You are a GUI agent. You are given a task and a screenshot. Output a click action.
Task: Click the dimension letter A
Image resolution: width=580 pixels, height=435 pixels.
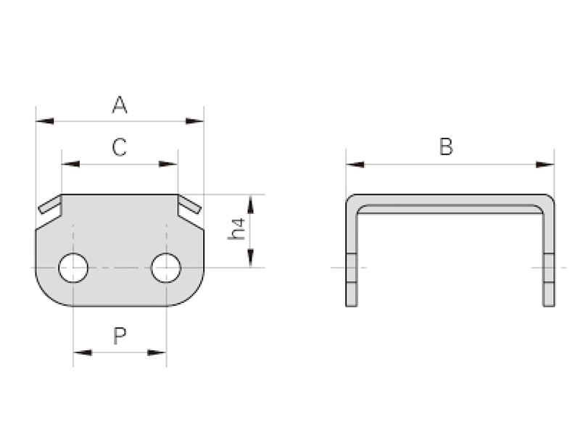coord(120,105)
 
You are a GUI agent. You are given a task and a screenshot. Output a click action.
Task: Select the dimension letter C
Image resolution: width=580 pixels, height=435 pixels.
coord(120,147)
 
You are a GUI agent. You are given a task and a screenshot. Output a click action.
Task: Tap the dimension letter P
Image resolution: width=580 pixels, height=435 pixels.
coord(120,336)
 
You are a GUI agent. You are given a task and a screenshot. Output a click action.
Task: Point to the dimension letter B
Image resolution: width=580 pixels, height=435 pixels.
coord(446,146)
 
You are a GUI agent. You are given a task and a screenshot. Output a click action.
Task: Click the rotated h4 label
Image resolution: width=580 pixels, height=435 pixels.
coord(237,229)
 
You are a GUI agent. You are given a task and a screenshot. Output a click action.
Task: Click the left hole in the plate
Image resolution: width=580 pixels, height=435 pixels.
coord(73,268)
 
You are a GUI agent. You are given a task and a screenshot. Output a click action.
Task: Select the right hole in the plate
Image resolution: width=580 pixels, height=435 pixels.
coord(166,268)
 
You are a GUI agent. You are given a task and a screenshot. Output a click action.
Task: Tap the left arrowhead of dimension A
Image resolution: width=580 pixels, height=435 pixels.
coord(45,121)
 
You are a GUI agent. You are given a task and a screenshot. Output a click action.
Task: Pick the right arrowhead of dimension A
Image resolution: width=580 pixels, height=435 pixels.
coord(194,121)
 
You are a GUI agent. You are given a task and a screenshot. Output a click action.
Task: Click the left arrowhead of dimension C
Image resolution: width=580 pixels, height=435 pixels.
coord(70,164)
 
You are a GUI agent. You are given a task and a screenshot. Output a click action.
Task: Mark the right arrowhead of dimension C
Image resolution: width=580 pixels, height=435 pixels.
coord(168,164)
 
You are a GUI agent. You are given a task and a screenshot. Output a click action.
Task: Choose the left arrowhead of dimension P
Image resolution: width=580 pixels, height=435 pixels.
coord(83,352)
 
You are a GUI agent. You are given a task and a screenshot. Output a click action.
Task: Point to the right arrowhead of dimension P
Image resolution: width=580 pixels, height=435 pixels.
coord(157,352)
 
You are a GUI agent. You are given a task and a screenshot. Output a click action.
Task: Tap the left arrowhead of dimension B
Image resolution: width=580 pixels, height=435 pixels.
coord(355,165)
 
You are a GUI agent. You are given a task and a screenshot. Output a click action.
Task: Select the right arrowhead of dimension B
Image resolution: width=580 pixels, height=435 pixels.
coord(545,165)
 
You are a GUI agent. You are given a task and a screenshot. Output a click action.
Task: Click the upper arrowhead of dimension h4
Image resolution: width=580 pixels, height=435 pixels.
coord(250,204)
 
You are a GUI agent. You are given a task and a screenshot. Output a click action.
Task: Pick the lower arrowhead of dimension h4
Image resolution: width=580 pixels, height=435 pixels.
coord(250,257)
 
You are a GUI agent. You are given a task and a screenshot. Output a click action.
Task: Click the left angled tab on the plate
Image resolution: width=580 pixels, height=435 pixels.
coord(50,205)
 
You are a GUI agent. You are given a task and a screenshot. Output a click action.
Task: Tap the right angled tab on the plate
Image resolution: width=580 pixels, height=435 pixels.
coord(190,205)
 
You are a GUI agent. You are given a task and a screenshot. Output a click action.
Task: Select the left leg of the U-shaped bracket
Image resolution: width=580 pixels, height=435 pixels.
coord(352,255)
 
